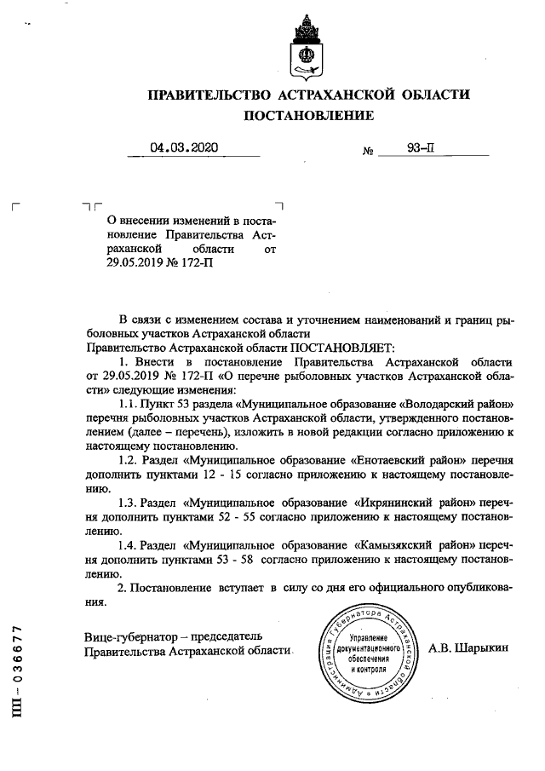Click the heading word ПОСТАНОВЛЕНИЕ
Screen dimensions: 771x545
click(x=308, y=115)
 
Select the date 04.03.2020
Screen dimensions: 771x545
click(x=184, y=147)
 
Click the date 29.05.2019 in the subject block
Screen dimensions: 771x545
click(x=127, y=263)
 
